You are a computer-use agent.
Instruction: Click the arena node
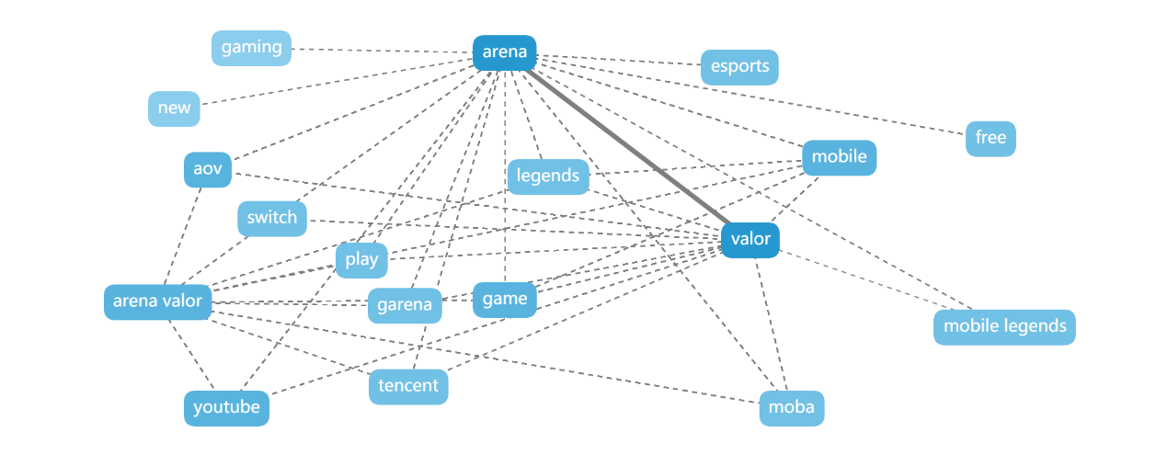coord(504,52)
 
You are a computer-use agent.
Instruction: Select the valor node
coord(750,240)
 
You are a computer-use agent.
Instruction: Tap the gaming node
coord(251,48)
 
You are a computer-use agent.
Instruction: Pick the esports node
coord(739,67)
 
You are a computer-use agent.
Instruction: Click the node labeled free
coord(990,139)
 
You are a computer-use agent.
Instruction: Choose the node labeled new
coord(174,108)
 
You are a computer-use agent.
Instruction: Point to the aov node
coord(208,170)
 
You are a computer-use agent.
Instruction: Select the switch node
coord(271,218)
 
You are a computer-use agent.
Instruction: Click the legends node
coord(548,176)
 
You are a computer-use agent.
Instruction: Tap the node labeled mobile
coord(839,157)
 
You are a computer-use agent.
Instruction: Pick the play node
coord(361,260)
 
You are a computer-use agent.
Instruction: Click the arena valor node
coord(157,301)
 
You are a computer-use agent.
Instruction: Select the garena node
coord(405,305)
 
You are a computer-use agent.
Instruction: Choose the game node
coord(504,300)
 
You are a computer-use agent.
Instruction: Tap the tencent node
coord(408,386)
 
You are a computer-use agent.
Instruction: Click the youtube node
coord(226,408)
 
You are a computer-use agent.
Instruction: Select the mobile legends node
coord(1004,326)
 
